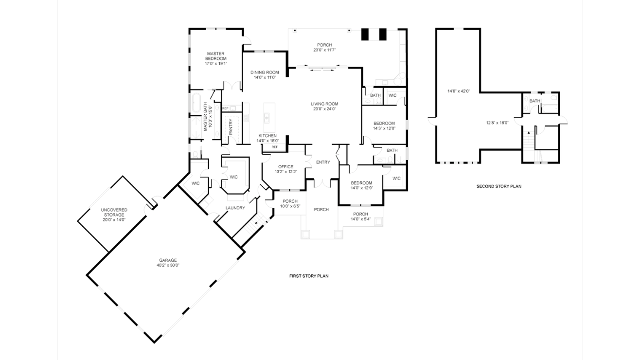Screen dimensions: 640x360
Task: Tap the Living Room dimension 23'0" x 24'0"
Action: point(324,109)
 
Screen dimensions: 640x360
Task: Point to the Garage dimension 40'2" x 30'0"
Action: point(168,265)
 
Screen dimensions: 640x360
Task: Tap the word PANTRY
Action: point(231,127)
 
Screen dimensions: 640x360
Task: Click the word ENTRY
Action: point(323,162)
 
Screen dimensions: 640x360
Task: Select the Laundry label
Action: point(235,208)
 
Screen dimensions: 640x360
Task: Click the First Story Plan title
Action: point(309,276)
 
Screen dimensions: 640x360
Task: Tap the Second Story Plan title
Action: point(499,186)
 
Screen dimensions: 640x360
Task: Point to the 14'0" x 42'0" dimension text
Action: point(459,91)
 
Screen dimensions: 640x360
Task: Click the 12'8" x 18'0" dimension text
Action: point(498,123)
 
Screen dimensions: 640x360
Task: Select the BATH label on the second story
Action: point(535,101)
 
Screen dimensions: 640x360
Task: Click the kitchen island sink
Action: point(267,118)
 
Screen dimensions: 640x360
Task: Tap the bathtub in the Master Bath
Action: point(196,103)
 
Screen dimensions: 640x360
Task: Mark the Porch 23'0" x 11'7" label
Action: point(324,47)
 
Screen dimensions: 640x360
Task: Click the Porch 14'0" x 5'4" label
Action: point(360,216)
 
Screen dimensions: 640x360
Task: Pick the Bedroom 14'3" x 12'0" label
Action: point(384,126)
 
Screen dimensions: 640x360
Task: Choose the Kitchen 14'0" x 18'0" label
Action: point(267,138)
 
